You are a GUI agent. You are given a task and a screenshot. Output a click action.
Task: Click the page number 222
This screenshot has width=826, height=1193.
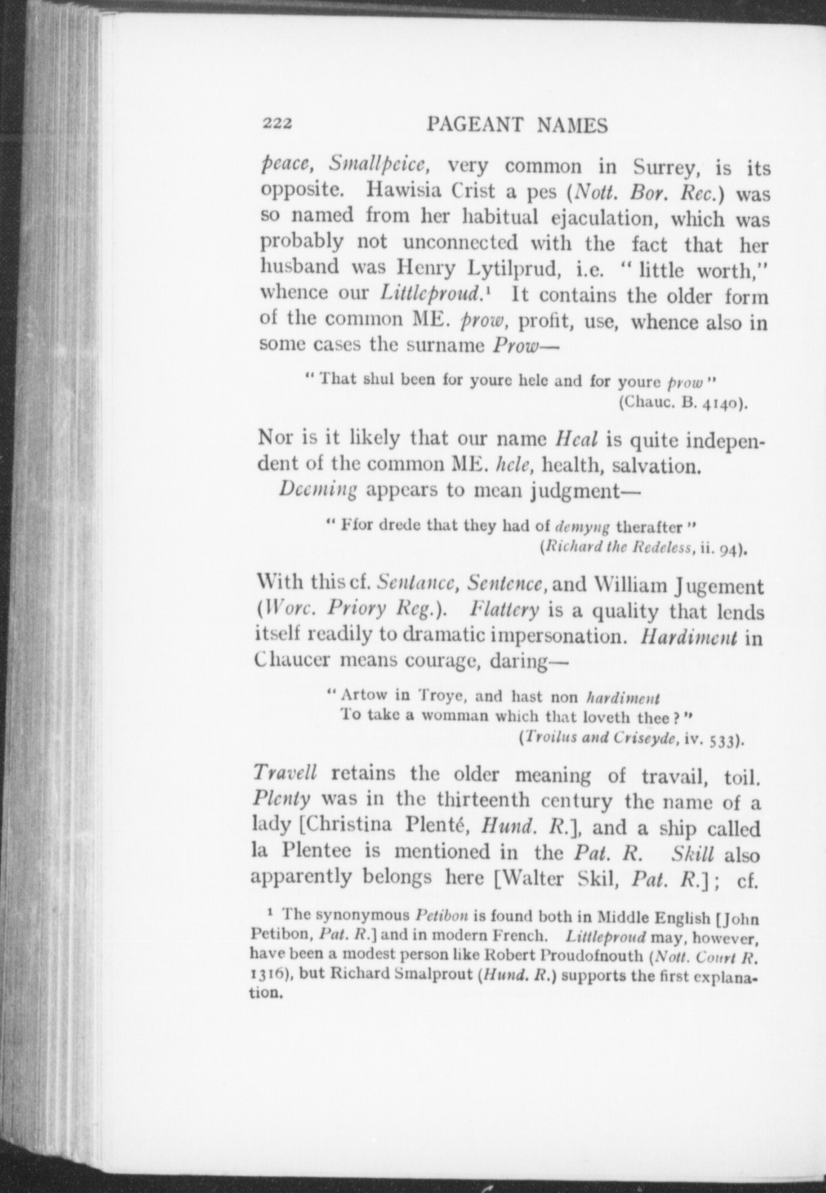(x=276, y=123)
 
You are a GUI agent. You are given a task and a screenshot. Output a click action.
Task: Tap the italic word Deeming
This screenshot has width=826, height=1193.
(x=318, y=490)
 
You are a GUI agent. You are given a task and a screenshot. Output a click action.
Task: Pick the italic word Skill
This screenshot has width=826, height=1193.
(x=692, y=854)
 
